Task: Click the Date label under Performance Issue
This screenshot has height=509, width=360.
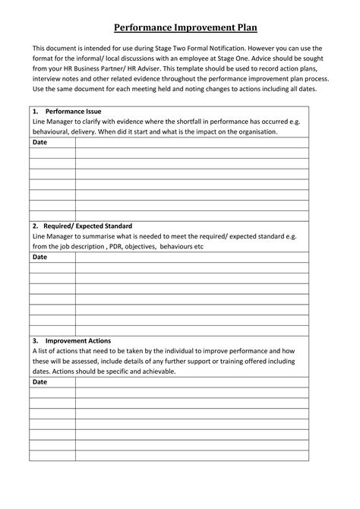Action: click(40, 142)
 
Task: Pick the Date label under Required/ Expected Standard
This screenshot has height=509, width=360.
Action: click(40, 257)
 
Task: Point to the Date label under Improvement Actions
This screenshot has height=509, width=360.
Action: click(40, 382)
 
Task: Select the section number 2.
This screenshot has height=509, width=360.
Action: click(35, 226)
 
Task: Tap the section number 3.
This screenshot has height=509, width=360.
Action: click(35, 341)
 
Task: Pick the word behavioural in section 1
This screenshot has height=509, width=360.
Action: click(53, 131)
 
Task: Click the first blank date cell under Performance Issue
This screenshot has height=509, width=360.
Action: click(52, 153)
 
